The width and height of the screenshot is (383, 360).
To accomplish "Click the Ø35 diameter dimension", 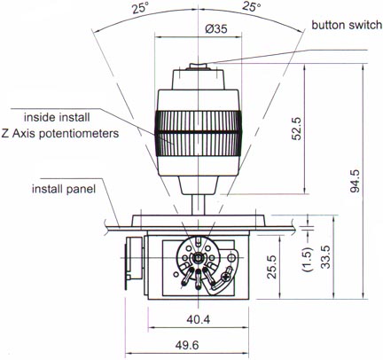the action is point(217,29).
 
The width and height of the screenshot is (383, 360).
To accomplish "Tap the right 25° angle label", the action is point(252,6).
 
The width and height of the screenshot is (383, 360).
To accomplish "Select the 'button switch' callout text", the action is point(347,25).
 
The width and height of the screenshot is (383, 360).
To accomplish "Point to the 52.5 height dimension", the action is point(296,129).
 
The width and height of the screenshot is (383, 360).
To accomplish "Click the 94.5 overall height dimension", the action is point(355,181).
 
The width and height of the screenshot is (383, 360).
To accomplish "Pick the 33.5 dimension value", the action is point(325,257).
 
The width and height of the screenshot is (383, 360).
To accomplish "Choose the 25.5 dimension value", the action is point(271,267).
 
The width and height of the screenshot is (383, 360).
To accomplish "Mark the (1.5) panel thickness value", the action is point(307,259).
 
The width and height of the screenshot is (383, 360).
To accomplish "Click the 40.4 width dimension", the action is point(199,319).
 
